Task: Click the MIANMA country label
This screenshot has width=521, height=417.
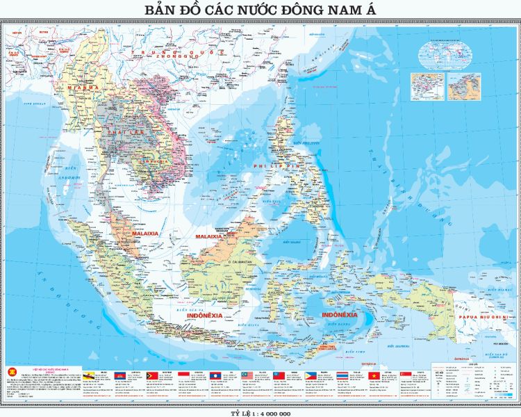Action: (x=81, y=88)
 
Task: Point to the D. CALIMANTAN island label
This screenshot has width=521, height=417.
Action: (x=244, y=261)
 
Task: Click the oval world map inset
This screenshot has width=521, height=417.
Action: (x=445, y=52)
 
